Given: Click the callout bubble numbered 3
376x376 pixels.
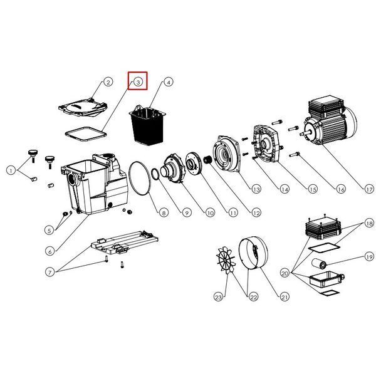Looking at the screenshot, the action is pos(138,82).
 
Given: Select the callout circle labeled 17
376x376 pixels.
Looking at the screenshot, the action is pos(369,189).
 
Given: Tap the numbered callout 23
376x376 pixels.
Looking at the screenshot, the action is pos(218,297).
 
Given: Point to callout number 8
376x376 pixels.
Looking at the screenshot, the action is pos(164,212).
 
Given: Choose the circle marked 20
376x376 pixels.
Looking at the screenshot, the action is pos(285,273).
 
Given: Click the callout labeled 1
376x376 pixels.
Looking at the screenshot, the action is pos(11,170).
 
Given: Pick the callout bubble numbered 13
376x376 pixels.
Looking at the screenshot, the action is pos(256,189).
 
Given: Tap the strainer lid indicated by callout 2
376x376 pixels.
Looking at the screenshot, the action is pos(83,107).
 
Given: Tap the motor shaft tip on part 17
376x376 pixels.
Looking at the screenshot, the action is pos(301,135).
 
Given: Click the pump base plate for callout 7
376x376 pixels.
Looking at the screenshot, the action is pos(125,243).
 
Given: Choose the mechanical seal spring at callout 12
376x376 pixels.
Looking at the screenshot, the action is pos(207,160).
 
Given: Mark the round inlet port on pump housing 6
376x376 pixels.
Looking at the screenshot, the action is pos(72,179).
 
